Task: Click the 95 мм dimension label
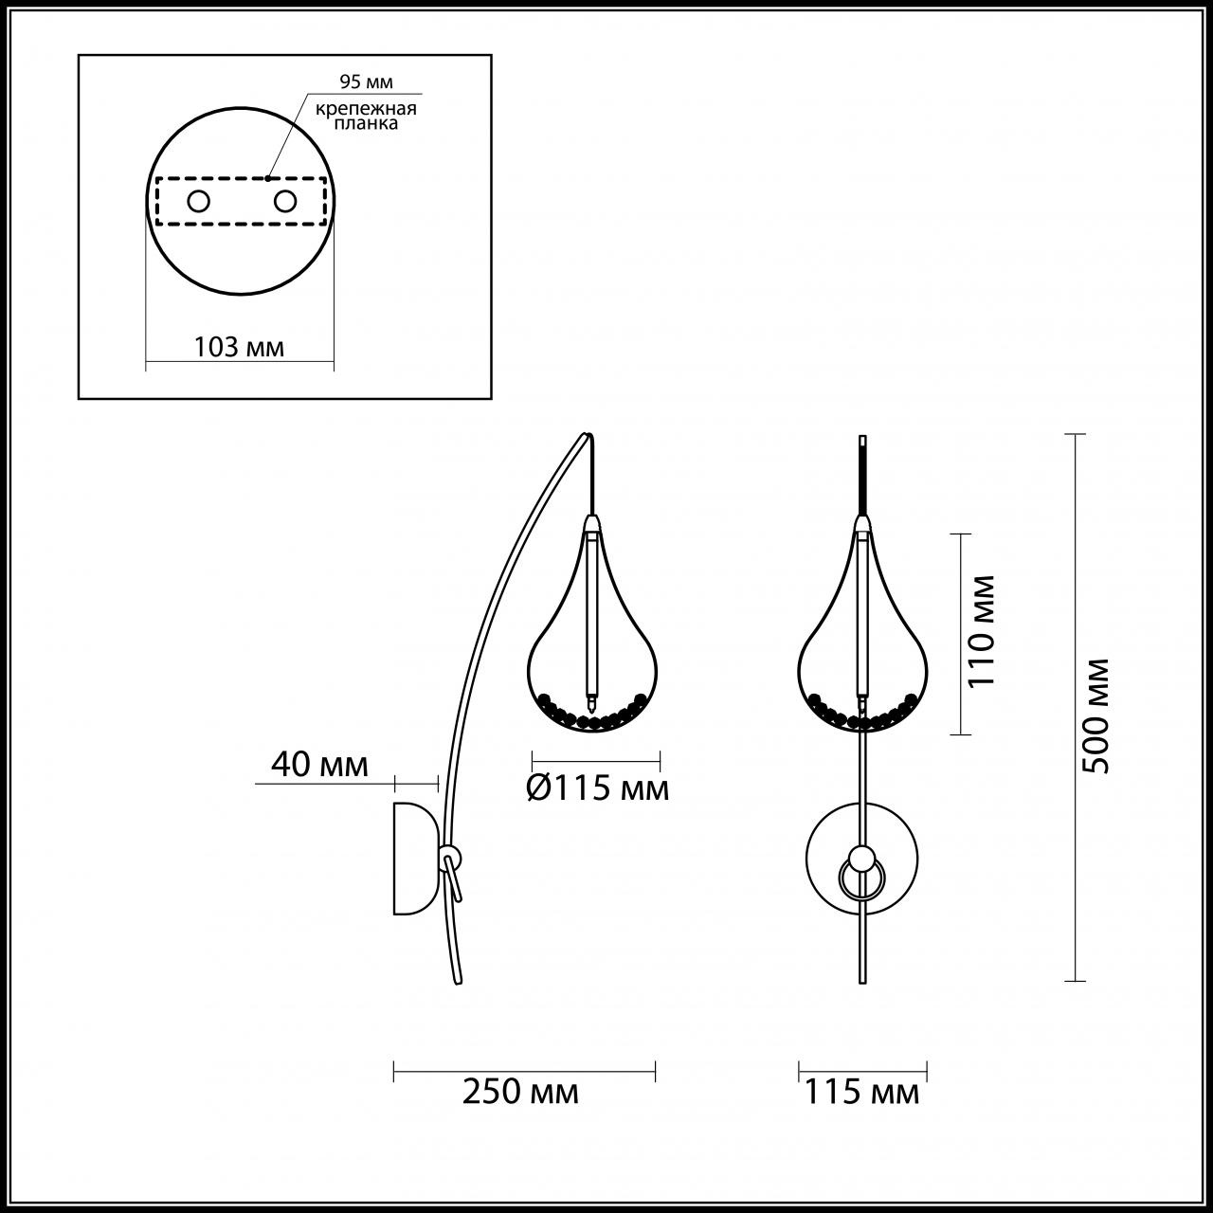point(366,82)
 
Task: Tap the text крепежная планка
point(367,116)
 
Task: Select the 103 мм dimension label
point(239,347)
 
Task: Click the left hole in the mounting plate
point(199,201)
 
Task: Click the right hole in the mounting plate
point(284,201)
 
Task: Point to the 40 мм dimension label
point(319,764)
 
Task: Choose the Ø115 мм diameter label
point(597,788)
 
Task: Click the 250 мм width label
point(520,1092)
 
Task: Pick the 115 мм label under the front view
point(862,1092)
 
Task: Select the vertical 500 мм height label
point(1096,715)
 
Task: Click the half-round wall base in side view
point(415,858)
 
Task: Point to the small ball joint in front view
point(861,859)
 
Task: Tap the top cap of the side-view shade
point(591,523)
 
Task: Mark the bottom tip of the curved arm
point(459,981)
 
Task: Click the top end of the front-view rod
point(861,440)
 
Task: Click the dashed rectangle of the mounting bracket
point(241,225)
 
